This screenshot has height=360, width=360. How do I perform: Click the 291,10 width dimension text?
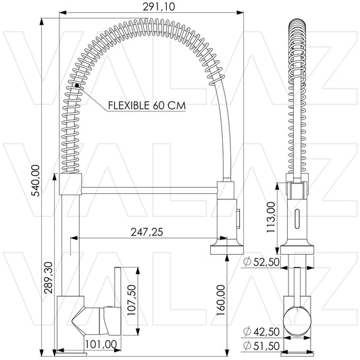pos(159,6)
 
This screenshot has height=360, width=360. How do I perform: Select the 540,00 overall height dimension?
pos(36,181)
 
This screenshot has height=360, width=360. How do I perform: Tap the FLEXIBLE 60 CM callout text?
pos(147,105)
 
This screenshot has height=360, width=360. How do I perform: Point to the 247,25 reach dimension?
pos(147,232)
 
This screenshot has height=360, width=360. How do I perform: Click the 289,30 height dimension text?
pos(49,278)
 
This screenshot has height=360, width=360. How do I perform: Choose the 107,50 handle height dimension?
pos(132,300)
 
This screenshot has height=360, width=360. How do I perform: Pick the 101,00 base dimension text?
pos(101,344)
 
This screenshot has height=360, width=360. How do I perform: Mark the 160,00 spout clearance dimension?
pos(221,300)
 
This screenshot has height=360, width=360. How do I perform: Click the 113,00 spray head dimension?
pos(271,217)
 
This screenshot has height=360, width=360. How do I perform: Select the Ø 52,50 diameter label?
pos(261,262)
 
